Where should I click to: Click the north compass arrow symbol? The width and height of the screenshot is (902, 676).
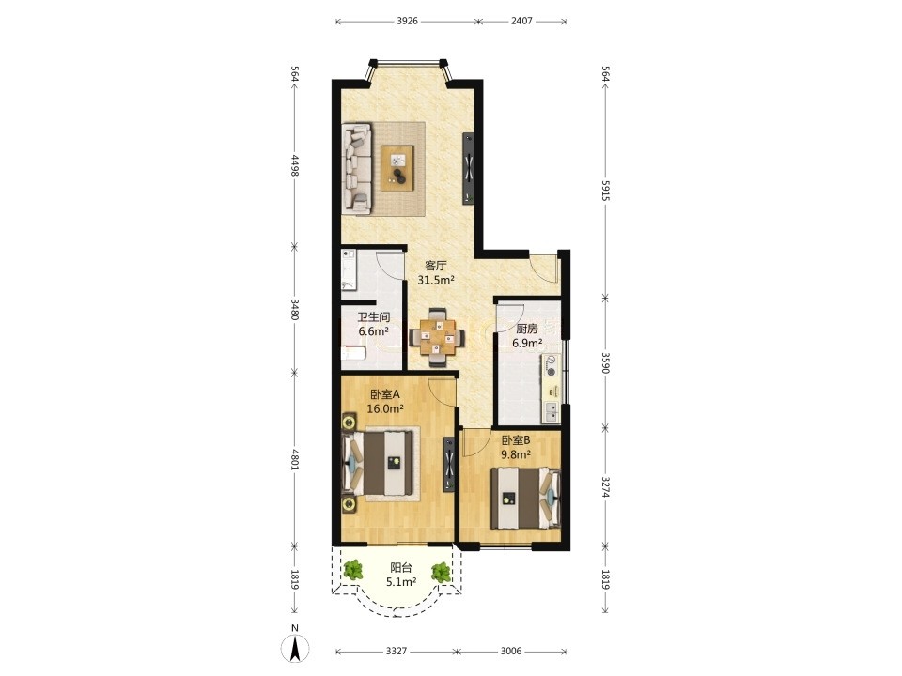(x=294, y=649)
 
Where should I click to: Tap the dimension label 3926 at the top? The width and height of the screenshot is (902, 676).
(x=407, y=22)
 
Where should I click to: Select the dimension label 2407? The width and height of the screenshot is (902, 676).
(x=521, y=22)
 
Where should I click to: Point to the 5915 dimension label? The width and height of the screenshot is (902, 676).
(x=605, y=190)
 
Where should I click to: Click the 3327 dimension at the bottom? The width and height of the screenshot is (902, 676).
(x=397, y=651)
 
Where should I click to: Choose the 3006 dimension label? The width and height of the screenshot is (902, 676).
(x=511, y=651)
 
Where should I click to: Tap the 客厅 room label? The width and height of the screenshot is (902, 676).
(x=435, y=266)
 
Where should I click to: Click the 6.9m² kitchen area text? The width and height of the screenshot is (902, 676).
(x=527, y=344)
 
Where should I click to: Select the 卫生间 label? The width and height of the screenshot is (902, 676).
(x=374, y=317)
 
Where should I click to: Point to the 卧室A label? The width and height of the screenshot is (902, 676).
(x=385, y=395)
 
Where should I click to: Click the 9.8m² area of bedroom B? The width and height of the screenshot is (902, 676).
(x=516, y=454)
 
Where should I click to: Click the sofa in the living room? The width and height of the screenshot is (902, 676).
(x=357, y=169)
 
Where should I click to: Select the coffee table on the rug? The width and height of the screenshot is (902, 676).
(x=397, y=168)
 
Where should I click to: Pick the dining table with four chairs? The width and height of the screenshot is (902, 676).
(x=437, y=338)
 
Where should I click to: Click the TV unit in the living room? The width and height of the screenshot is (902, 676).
(x=469, y=168)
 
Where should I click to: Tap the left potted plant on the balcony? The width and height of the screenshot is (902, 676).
(x=352, y=571)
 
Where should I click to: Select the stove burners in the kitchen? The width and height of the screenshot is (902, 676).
(x=552, y=365)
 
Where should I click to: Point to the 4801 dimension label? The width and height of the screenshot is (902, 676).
(x=294, y=459)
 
